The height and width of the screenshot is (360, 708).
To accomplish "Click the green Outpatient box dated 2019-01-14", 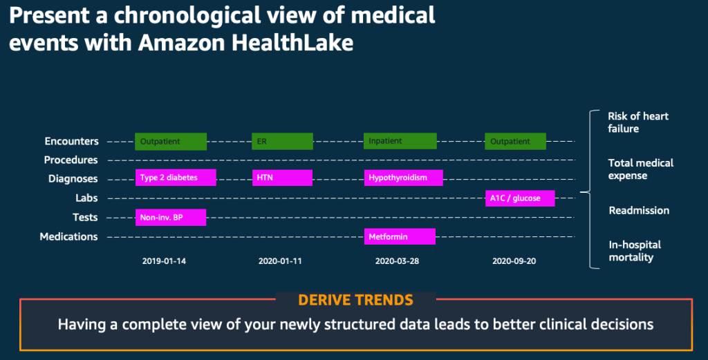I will [x=171, y=141].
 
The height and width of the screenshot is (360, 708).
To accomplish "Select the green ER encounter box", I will [x=282, y=141].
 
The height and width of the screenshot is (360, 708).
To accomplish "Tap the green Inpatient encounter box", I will [x=400, y=140].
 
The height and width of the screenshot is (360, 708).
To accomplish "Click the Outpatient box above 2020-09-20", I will [x=515, y=141].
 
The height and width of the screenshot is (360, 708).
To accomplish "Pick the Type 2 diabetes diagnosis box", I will [x=176, y=178].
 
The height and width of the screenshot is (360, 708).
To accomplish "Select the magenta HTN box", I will [x=282, y=178].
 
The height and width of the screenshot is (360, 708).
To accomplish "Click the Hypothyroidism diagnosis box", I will [x=403, y=178].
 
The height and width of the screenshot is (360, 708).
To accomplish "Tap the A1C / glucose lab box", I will [x=520, y=198].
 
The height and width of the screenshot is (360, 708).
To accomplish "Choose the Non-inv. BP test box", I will [x=170, y=218].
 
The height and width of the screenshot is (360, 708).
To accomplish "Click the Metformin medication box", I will [x=400, y=236].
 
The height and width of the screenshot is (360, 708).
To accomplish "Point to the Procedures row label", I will [x=71, y=160].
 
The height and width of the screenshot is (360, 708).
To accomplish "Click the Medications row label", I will [x=68, y=236].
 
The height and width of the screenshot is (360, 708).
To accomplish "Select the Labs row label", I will [x=86, y=198].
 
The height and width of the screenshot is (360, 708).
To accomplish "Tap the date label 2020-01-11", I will [x=280, y=262].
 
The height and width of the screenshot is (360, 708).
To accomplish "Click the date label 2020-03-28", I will [x=398, y=262].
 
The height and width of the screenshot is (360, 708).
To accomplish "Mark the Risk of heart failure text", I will [x=637, y=122].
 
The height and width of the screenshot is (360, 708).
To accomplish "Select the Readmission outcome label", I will [x=638, y=210].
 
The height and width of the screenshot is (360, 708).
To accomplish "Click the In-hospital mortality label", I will [x=635, y=251].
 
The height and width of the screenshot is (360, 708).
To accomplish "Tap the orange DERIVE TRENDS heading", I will [x=355, y=301].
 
